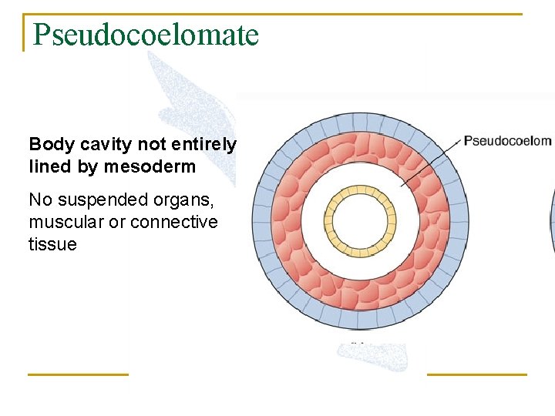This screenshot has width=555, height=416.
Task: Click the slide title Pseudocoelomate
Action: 146,34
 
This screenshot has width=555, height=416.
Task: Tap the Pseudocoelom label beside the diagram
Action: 507,141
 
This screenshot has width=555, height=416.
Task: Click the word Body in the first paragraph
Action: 46,144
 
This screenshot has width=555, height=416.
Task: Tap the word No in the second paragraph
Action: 39,200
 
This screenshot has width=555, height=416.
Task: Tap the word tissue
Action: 52,244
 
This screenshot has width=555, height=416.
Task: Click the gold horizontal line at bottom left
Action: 78,374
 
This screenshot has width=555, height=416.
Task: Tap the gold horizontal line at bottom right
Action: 476,374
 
